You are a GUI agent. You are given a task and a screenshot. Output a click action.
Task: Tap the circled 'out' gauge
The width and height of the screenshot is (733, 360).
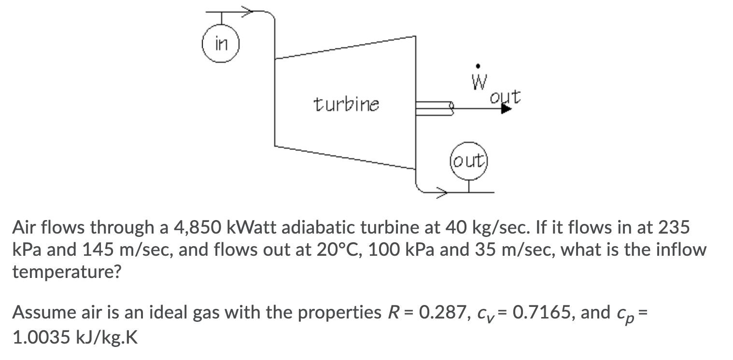click(468, 161)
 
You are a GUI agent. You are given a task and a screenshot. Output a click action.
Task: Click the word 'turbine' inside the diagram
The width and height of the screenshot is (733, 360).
click(346, 103)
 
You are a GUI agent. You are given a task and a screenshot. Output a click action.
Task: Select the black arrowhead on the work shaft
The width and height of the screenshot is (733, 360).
click(506, 109)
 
